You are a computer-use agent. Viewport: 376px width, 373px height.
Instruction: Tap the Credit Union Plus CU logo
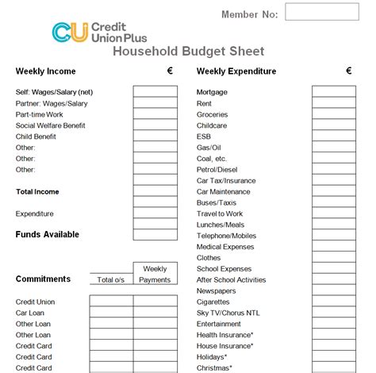(65, 31)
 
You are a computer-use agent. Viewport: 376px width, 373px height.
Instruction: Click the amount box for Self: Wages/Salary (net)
(155, 92)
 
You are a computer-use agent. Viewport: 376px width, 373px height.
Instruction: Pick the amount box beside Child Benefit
(155, 137)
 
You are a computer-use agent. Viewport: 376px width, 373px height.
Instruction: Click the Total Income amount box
(155, 192)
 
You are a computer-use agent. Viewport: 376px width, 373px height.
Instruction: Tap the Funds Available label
(48, 234)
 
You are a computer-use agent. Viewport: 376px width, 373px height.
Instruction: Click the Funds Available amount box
(155, 235)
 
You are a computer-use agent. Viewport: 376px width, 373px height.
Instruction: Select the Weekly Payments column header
(155, 274)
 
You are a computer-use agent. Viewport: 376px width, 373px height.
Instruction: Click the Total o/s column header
(110, 279)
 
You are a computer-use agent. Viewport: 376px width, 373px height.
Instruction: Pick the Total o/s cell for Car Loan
(110, 313)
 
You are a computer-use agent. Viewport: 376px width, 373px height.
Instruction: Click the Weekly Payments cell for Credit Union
(155, 302)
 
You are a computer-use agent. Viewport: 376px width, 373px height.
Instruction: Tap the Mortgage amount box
(333, 92)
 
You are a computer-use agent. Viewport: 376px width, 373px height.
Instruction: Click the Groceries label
(213, 114)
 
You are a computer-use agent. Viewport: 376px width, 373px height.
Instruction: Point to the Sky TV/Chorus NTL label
(228, 313)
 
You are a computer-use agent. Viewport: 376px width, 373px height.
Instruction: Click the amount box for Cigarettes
(333, 302)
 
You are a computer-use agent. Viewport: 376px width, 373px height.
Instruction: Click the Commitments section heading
(43, 279)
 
